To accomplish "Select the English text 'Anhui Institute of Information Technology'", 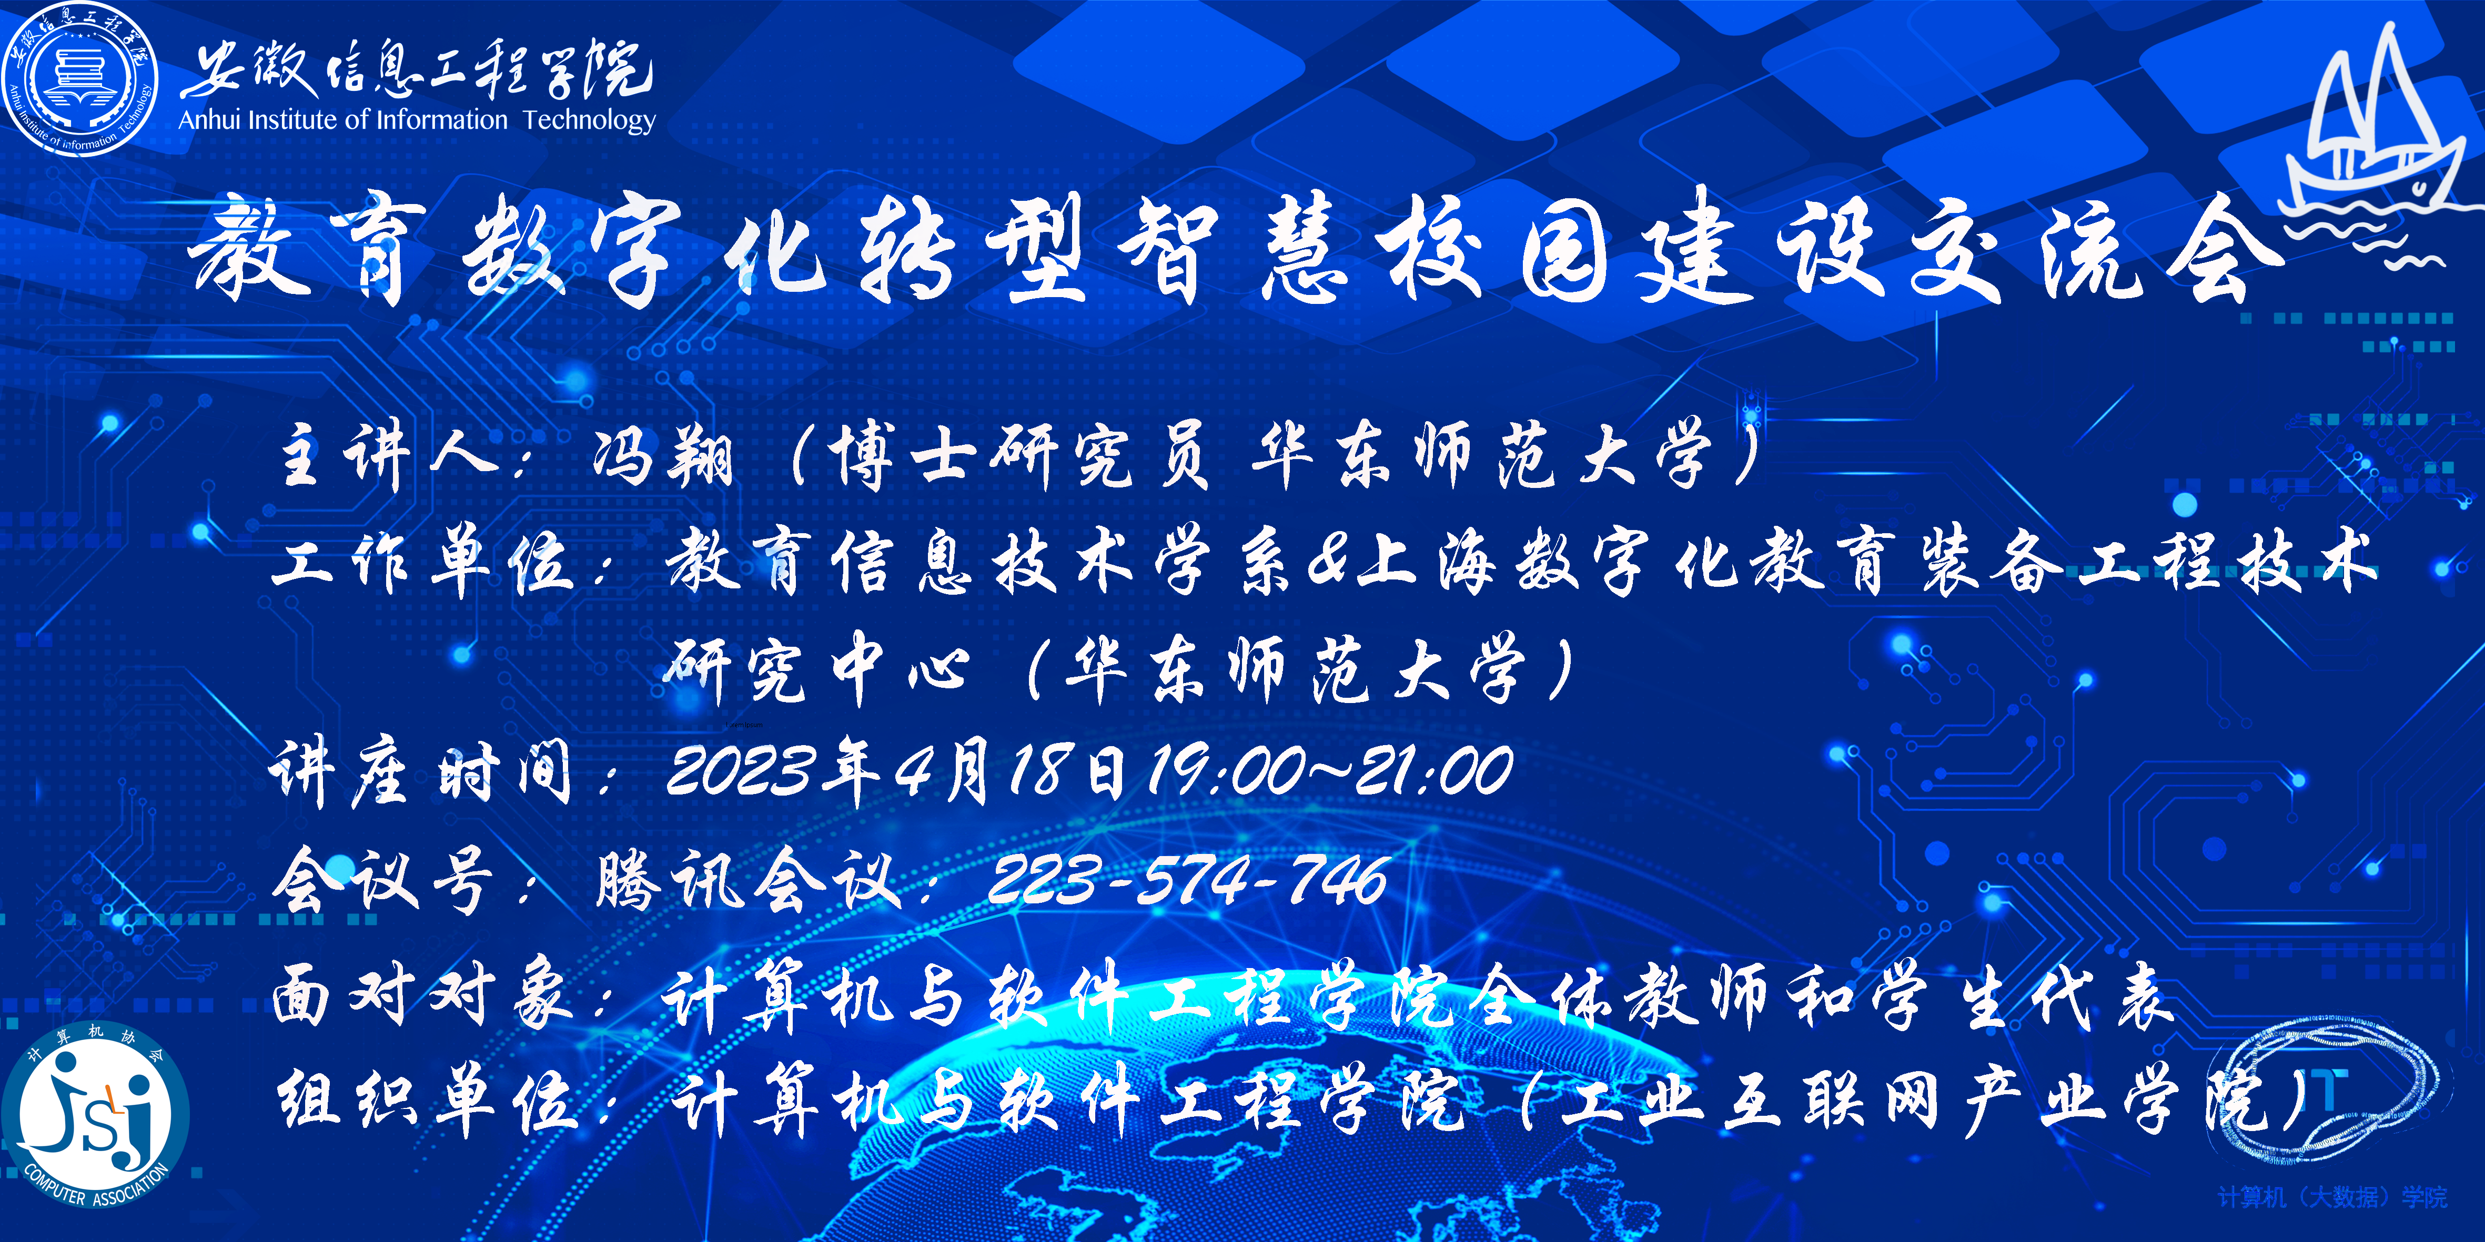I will tap(417, 120).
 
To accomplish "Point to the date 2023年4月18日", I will tap(895, 771).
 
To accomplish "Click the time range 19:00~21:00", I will tap(1329, 771).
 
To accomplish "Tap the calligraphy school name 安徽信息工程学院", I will tap(417, 69).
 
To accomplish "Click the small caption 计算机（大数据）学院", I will tap(2332, 1197).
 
